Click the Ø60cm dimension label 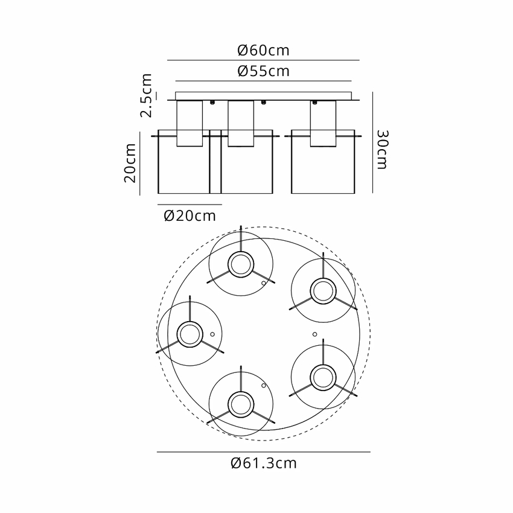click(x=263, y=50)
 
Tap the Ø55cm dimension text click(x=263, y=71)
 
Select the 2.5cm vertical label click(x=146, y=95)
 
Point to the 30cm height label click(x=382, y=150)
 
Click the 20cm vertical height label click(x=130, y=163)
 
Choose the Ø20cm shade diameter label click(x=190, y=216)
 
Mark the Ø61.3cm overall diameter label click(x=264, y=464)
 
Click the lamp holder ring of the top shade click(x=241, y=252)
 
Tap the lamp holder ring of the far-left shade click(x=190, y=322)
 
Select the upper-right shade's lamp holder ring click(x=323, y=278)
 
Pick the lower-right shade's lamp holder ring click(x=323, y=365)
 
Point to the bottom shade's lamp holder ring click(x=241, y=392)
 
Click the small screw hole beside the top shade click(x=264, y=283)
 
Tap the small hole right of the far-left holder click(x=212, y=334)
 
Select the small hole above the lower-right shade click(x=314, y=334)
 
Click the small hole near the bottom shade click(x=264, y=386)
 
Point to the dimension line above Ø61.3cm click(x=264, y=452)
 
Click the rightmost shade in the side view click(x=323, y=162)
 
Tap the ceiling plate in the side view click(x=263, y=96)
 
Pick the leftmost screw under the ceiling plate click(x=212, y=103)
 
